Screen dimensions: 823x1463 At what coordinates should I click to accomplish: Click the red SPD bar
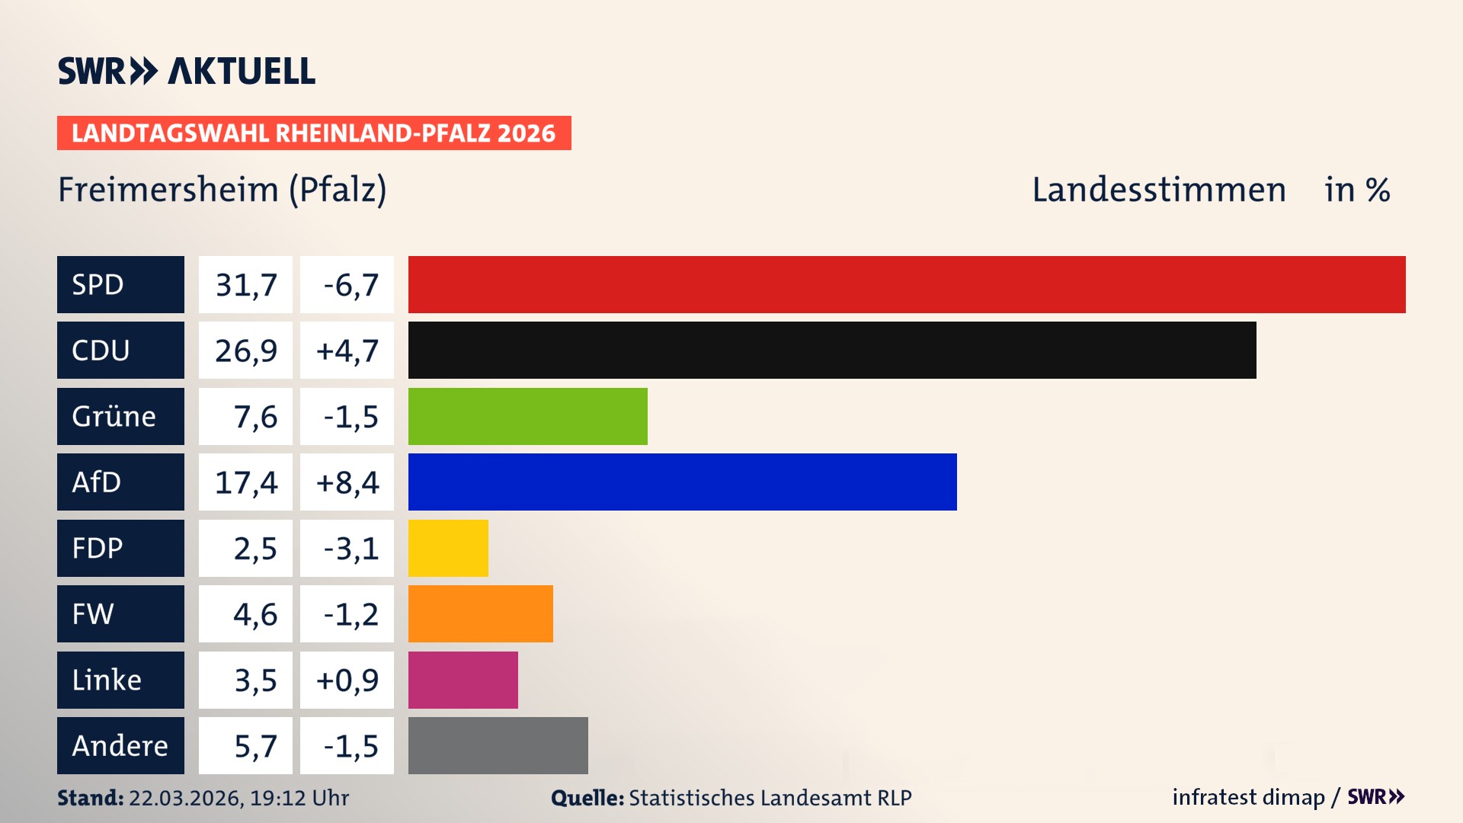[x=907, y=284]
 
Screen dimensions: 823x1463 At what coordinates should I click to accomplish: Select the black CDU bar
[x=832, y=350]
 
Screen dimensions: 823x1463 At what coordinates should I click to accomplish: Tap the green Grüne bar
[x=527, y=416]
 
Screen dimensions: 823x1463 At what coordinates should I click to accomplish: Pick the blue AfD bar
[x=682, y=482]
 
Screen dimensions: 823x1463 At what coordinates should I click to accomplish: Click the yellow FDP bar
[x=448, y=548]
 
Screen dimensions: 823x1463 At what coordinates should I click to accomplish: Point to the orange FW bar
[x=480, y=613]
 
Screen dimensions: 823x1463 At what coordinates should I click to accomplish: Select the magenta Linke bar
[x=463, y=680]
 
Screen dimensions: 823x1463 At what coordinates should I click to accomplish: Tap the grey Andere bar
[x=498, y=745]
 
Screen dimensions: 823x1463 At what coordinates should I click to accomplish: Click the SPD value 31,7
[x=245, y=285]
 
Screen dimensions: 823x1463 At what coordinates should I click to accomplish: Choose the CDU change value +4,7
[x=347, y=351]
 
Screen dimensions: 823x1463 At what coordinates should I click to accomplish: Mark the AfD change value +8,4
[x=347, y=482]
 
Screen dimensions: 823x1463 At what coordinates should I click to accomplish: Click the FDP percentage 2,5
[x=255, y=549]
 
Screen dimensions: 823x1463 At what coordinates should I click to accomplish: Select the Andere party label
[x=120, y=745]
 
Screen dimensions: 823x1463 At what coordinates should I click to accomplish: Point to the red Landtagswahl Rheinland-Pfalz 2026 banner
[x=313, y=133]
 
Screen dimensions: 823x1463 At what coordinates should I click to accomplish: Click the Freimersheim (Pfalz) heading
[x=222, y=189]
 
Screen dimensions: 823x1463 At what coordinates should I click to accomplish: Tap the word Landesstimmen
[x=1158, y=189]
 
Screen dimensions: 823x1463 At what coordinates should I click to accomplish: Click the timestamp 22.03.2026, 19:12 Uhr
[x=238, y=798]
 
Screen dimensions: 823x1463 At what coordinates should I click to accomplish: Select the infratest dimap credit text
[x=1248, y=797]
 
